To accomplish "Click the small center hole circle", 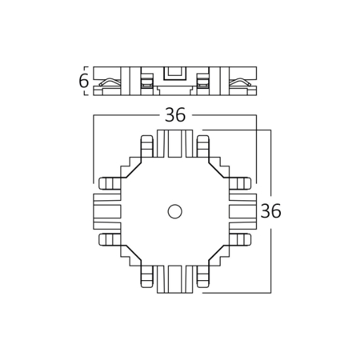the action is pos(175,211).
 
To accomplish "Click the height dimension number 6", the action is pos(83,81).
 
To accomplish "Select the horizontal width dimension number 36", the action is pos(175,115).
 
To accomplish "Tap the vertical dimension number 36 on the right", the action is pos(271,211).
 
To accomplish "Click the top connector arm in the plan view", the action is pos(175,143).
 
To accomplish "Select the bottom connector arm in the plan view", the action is pos(175,279).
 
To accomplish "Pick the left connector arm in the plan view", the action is pos(107,211).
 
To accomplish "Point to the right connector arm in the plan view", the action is pos(243,211).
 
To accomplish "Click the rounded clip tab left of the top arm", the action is pos(147,146).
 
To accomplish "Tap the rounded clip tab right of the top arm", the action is pos(203,146).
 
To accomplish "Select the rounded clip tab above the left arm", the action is pos(110,183).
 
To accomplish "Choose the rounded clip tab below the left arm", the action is pos(110,240).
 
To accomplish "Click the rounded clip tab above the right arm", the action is pos(240,183).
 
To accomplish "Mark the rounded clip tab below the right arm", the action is pos(240,240).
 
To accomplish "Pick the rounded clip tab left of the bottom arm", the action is pos(147,277).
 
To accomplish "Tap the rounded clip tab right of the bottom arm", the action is pos(203,277).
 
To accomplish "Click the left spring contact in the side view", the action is pos(110,82).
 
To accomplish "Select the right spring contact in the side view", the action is pos(240,82).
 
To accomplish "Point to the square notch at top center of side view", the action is pos(175,73).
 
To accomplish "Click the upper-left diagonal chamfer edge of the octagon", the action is pos(134,170).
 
